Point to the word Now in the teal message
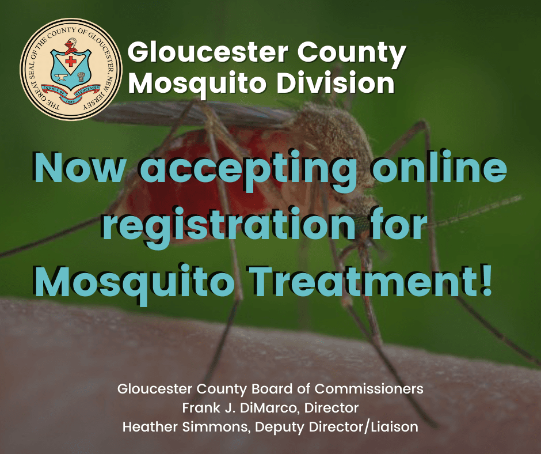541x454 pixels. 81,168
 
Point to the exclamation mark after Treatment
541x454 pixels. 485,281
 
